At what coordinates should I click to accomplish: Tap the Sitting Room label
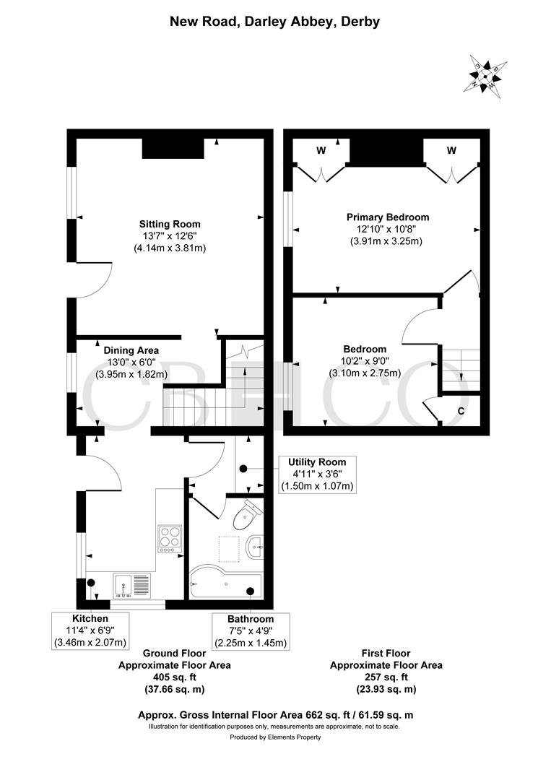click(x=170, y=224)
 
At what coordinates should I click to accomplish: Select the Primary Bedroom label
click(x=388, y=217)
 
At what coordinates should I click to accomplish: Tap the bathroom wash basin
click(x=255, y=547)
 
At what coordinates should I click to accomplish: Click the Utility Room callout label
click(x=317, y=474)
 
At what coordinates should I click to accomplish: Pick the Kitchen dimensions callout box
click(x=90, y=630)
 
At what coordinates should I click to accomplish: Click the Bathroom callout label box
click(x=251, y=630)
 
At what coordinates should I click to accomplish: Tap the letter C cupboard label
click(x=461, y=411)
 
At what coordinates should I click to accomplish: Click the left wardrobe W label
click(x=321, y=151)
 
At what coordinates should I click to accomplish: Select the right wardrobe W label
click(x=451, y=151)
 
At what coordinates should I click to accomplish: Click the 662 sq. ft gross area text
click(x=275, y=715)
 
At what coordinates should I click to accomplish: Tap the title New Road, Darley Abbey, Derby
click(x=274, y=22)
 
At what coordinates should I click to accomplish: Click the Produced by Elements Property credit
click(x=275, y=737)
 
